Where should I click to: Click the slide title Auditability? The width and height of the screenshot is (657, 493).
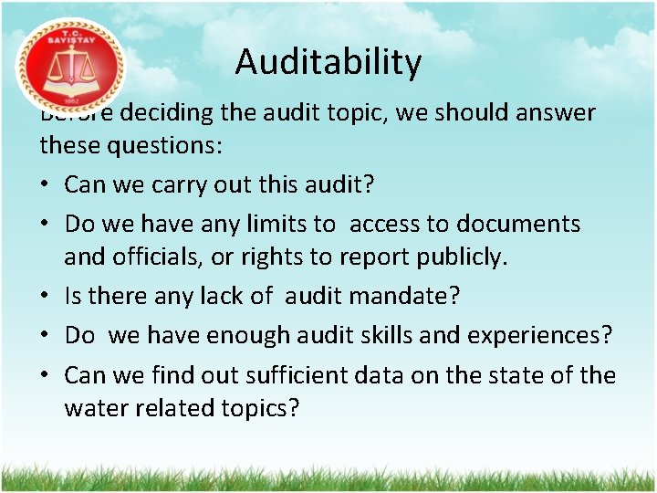tap(328, 62)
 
